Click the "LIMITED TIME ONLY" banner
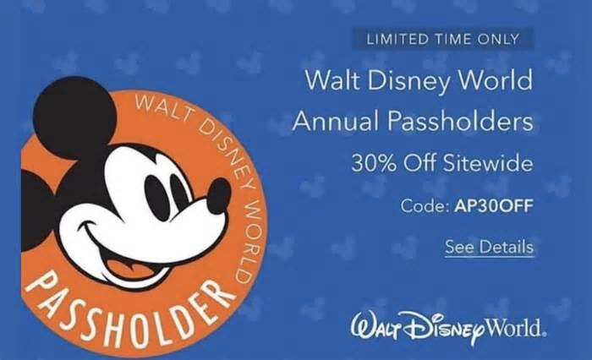pyautogui.click(x=443, y=39)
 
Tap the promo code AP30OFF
pyautogui.click(x=494, y=206)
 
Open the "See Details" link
pyautogui.click(x=490, y=247)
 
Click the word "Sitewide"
pyautogui.click(x=488, y=163)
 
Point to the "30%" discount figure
pyautogui.click(x=374, y=163)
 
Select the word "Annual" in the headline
pyautogui.click(x=336, y=121)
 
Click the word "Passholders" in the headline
pyautogui.click(x=461, y=121)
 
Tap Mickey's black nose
pyautogui.click(x=218, y=195)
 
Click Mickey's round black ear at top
pyautogui.click(x=74, y=117)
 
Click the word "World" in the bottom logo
pyautogui.click(x=515, y=327)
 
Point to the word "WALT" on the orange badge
pyautogui.click(x=162, y=108)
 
